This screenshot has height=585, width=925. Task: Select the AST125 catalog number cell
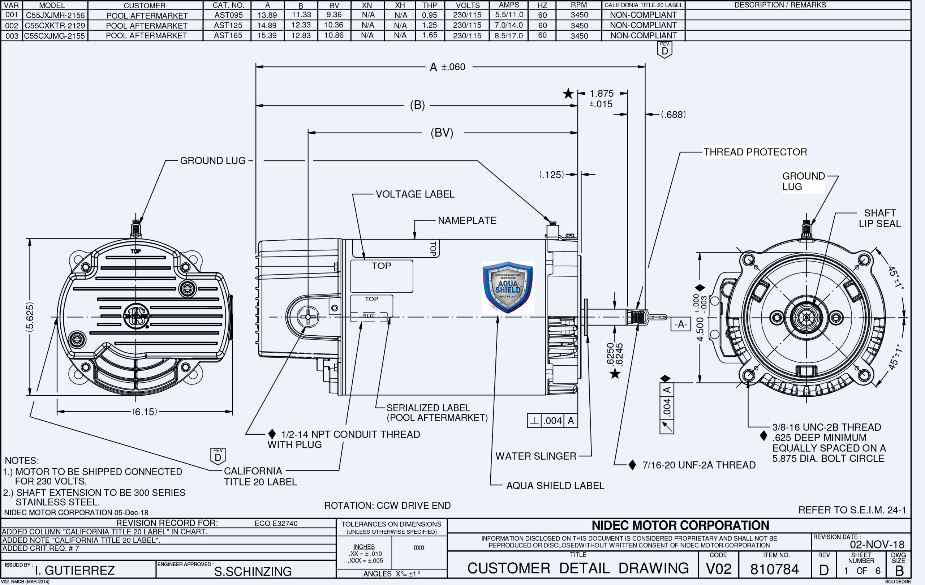point(228,25)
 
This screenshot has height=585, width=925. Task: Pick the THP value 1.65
point(430,35)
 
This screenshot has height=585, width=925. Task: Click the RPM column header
point(578,5)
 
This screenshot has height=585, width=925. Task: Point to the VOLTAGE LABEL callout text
point(415,194)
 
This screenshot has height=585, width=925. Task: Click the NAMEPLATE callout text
point(467,220)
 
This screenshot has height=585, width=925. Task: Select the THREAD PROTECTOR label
point(755,152)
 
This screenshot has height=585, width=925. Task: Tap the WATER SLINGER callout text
point(535,456)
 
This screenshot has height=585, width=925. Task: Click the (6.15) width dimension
point(145,412)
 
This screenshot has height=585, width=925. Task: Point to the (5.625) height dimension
point(30,317)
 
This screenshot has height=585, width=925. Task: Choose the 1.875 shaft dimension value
point(602,94)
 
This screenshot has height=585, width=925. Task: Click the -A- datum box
point(681,324)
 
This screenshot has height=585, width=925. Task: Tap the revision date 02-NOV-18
point(877,544)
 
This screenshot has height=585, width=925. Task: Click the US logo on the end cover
point(136,316)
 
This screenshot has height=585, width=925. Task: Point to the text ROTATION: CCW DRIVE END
point(387,506)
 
